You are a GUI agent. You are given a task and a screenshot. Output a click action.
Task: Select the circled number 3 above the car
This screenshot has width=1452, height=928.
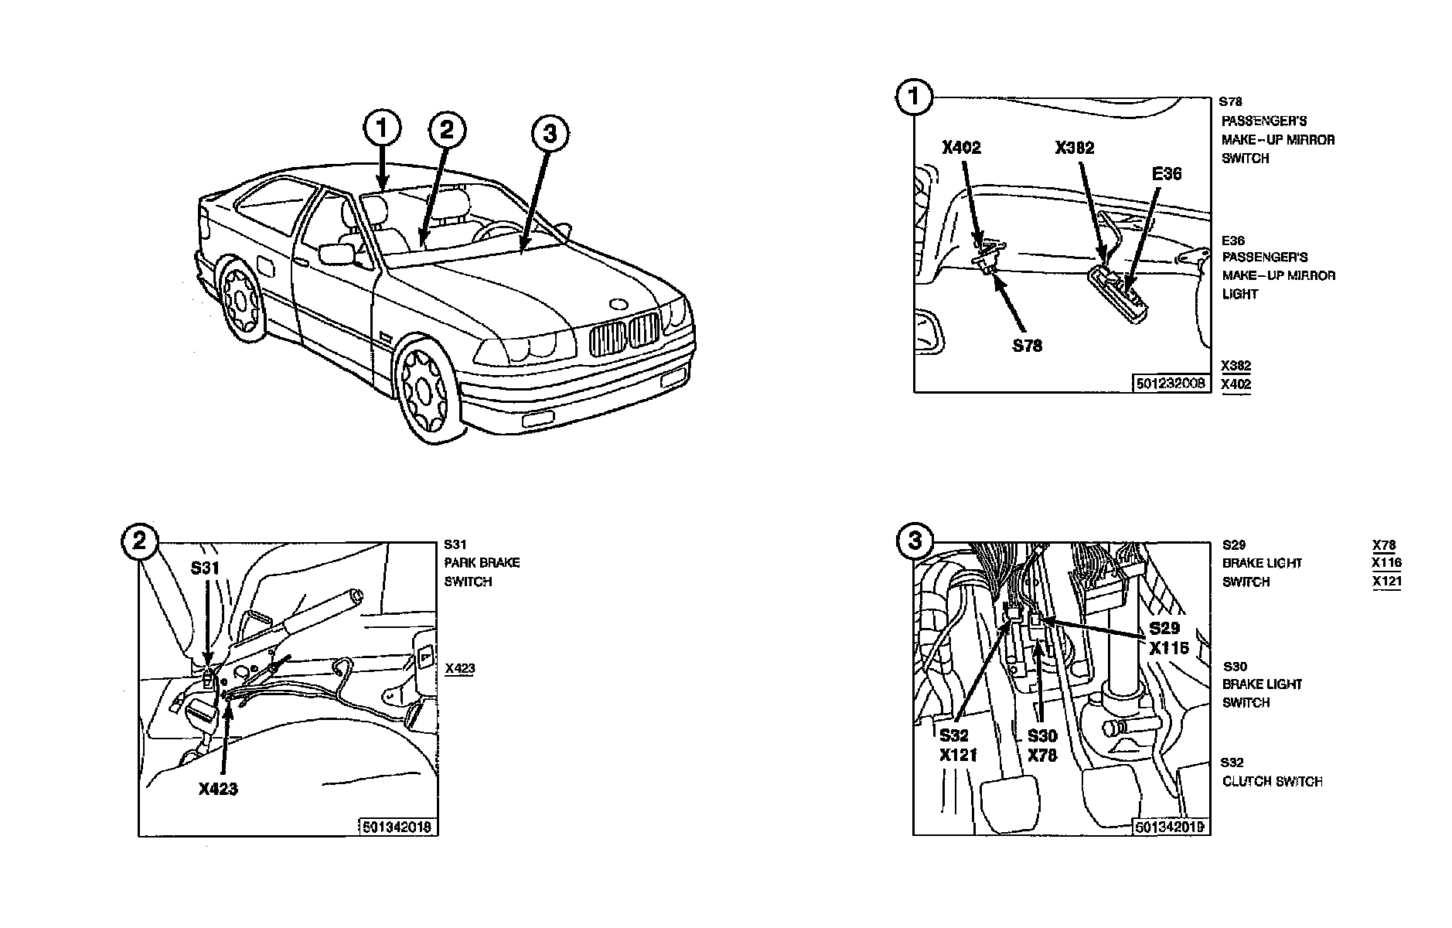point(550,134)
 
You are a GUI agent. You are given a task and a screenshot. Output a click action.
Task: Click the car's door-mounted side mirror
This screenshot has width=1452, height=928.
point(336,254)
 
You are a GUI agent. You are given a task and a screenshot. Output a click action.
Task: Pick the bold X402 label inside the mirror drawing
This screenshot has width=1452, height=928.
point(961,148)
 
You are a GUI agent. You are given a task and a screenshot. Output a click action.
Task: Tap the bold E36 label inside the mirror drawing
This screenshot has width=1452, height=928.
point(1167,174)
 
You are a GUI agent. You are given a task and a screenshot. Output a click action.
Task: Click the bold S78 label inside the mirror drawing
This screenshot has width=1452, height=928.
point(1028,346)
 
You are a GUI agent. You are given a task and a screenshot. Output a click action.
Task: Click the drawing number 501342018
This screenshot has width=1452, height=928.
point(397,827)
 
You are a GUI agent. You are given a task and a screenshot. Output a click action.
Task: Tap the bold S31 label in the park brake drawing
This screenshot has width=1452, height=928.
point(206,568)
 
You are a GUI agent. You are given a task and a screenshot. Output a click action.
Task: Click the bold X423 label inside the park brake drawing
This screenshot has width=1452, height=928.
point(218,789)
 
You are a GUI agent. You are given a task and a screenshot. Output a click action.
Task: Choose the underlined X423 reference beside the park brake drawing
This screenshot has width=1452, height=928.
point(460,668)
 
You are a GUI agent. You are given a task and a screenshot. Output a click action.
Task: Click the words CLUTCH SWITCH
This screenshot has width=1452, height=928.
point(1272,782)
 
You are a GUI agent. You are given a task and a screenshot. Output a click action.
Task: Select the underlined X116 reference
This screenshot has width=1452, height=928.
point(1386,563)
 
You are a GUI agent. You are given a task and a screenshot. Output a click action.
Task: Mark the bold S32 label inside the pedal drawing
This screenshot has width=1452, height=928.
point(954,735)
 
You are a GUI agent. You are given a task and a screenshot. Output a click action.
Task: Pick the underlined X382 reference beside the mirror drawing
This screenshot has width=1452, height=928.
point(1236,366)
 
